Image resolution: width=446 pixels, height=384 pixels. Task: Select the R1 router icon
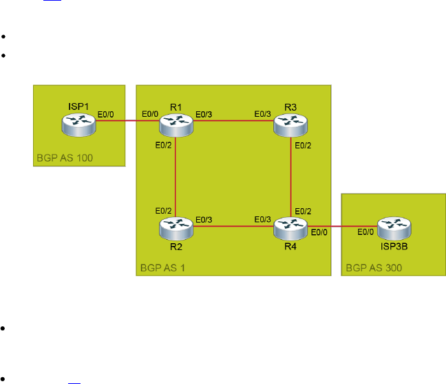click(176, 124)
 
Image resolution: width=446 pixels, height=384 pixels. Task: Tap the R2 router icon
click(176, 225)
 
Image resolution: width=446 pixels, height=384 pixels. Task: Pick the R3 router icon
click(290, 124)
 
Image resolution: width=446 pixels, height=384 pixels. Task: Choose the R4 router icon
click(290, 225)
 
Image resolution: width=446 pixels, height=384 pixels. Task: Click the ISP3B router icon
click(392, 225)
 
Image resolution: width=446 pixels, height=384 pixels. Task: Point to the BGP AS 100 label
click(64, 159)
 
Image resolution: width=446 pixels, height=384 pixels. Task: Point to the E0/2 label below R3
click(303, 145)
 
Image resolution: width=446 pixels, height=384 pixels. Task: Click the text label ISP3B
click(392, 245)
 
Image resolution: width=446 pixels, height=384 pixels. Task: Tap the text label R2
click(176, 245)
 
